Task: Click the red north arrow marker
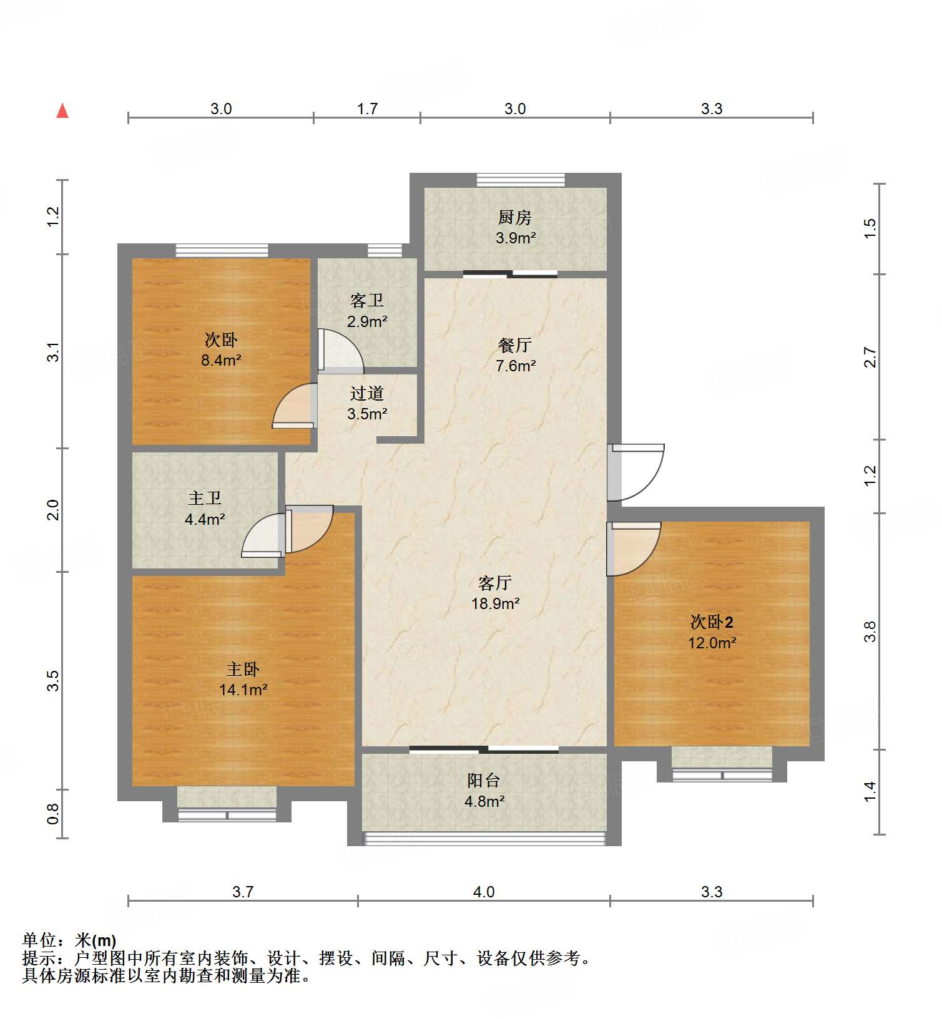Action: [x=62, y=111]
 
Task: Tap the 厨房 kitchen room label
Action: [x=515, y=217]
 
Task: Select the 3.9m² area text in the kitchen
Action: [x=516, y=238]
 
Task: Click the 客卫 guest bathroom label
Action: [x=367, y=301]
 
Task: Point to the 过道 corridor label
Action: [x=367, y=393]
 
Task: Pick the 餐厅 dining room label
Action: [x=515, y=345]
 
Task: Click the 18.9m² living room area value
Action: [x=496, y=603]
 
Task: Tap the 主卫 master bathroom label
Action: [x=205, y=498]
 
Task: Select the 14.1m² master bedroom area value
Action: [x=243, y=690]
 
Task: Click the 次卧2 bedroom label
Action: [x=712, y=622]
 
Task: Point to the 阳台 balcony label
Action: [x=484, y=780]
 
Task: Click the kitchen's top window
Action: [x=521, y=180]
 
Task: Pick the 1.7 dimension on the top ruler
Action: [x=367, y=109]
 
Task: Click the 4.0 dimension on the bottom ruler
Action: [x=484, y=892]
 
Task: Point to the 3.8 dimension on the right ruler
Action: [x=871, y=631]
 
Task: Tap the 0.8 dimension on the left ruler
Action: [x=53, y=814]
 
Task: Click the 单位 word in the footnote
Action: [x=40, y=940]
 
